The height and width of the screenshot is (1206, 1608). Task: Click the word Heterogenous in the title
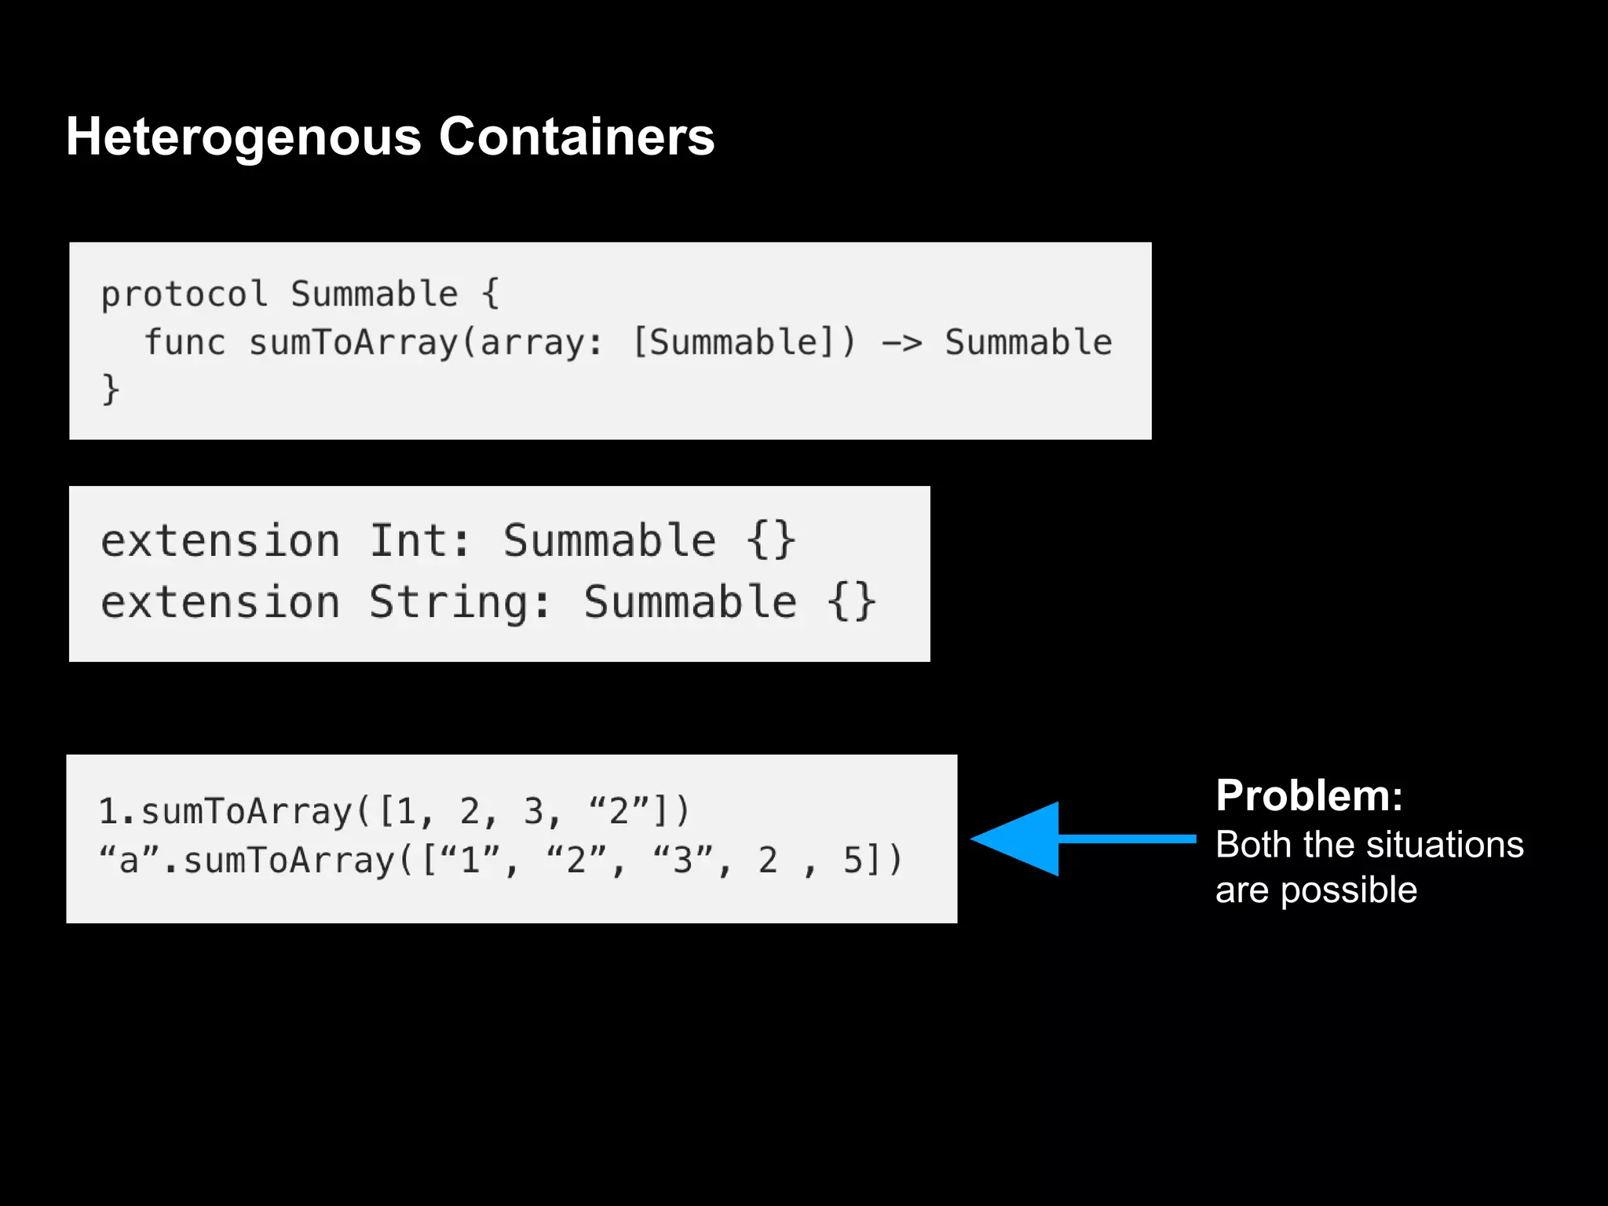click(x=244, y=137)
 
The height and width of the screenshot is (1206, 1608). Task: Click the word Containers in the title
click(x=576, y=137)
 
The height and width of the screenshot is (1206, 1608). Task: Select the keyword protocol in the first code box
click(x=185, y=294)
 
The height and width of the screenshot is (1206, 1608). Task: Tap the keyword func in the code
click(x=185, y=342)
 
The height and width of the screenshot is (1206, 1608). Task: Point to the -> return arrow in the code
click(x=901, y=343)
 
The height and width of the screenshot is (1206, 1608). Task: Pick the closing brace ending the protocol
click(x=111, y=389)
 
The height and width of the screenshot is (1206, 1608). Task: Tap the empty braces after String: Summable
click(x=851, y=602)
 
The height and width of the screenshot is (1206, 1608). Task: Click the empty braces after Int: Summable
click(x=770, y=541)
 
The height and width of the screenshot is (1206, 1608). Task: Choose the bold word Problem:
click(x=1309, y=795)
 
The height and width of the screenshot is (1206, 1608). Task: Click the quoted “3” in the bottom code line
click(x=682, y=861)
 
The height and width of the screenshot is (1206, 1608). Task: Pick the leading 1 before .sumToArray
click(x=108, y=811)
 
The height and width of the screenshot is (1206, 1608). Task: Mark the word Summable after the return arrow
click(x=1028, y=342)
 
